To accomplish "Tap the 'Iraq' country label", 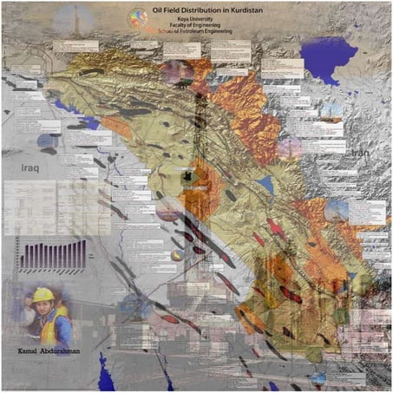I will point(34,163).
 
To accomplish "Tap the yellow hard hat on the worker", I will point(43,295).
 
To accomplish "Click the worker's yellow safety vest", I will point(54,329).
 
